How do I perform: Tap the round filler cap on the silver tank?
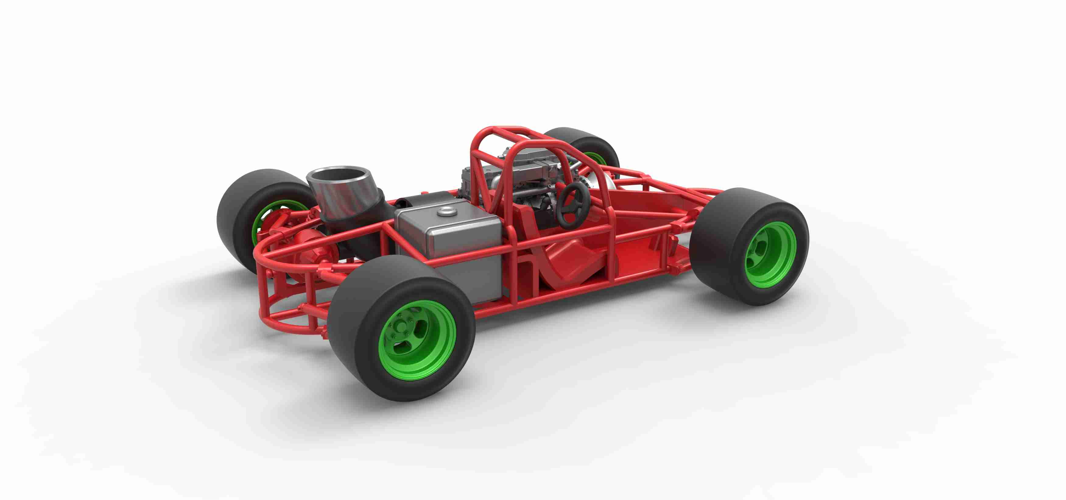446,212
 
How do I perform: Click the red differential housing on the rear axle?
312,249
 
